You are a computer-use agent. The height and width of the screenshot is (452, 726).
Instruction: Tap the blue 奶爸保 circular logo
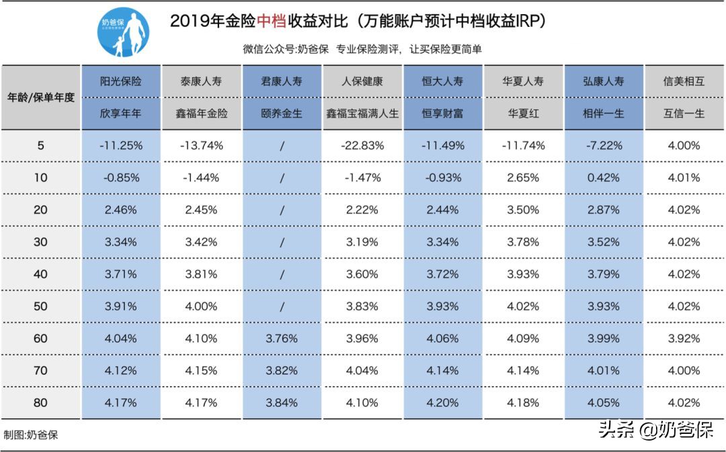[x=123, y=33]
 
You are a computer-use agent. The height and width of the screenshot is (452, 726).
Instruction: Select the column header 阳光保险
[x=121, y=81]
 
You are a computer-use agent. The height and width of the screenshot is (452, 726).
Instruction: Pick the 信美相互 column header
[x=684, y=81]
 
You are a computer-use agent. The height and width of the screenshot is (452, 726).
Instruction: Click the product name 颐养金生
[x=282, y=114]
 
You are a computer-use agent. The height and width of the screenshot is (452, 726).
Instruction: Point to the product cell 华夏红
[x=523, y=114]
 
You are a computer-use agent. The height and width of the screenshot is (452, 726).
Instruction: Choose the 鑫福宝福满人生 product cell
[x=362, y=114]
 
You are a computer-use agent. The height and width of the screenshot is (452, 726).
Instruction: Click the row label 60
[x=40, y=338]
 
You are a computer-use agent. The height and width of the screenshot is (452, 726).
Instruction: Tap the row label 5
[x=40, y=145]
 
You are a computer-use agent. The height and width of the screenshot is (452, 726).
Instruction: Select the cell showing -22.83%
[x=362, y=145]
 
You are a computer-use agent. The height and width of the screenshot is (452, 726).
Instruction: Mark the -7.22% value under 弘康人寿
[x=604, y=145]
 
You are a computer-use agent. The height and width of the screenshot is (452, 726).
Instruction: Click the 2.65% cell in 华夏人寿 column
[x=523, y=177]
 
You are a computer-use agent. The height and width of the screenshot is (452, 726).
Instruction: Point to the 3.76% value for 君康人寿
[x=282, y=338]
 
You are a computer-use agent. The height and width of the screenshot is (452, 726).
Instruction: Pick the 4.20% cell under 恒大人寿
[x=442, y=403]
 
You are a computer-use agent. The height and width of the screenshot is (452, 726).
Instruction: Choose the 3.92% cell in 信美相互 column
[x=684, y=338]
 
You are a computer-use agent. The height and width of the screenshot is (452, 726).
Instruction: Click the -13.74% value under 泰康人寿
[x=201, y=145]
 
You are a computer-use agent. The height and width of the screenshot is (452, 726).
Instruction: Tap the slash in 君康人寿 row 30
[x=282, y=242]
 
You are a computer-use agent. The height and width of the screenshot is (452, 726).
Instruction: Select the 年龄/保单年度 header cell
[x=40, y=97]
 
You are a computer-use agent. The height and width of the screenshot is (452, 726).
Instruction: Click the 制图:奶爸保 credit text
[x=31, y=435]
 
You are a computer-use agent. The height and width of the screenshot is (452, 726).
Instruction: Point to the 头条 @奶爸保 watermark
[x=655, y=430]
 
